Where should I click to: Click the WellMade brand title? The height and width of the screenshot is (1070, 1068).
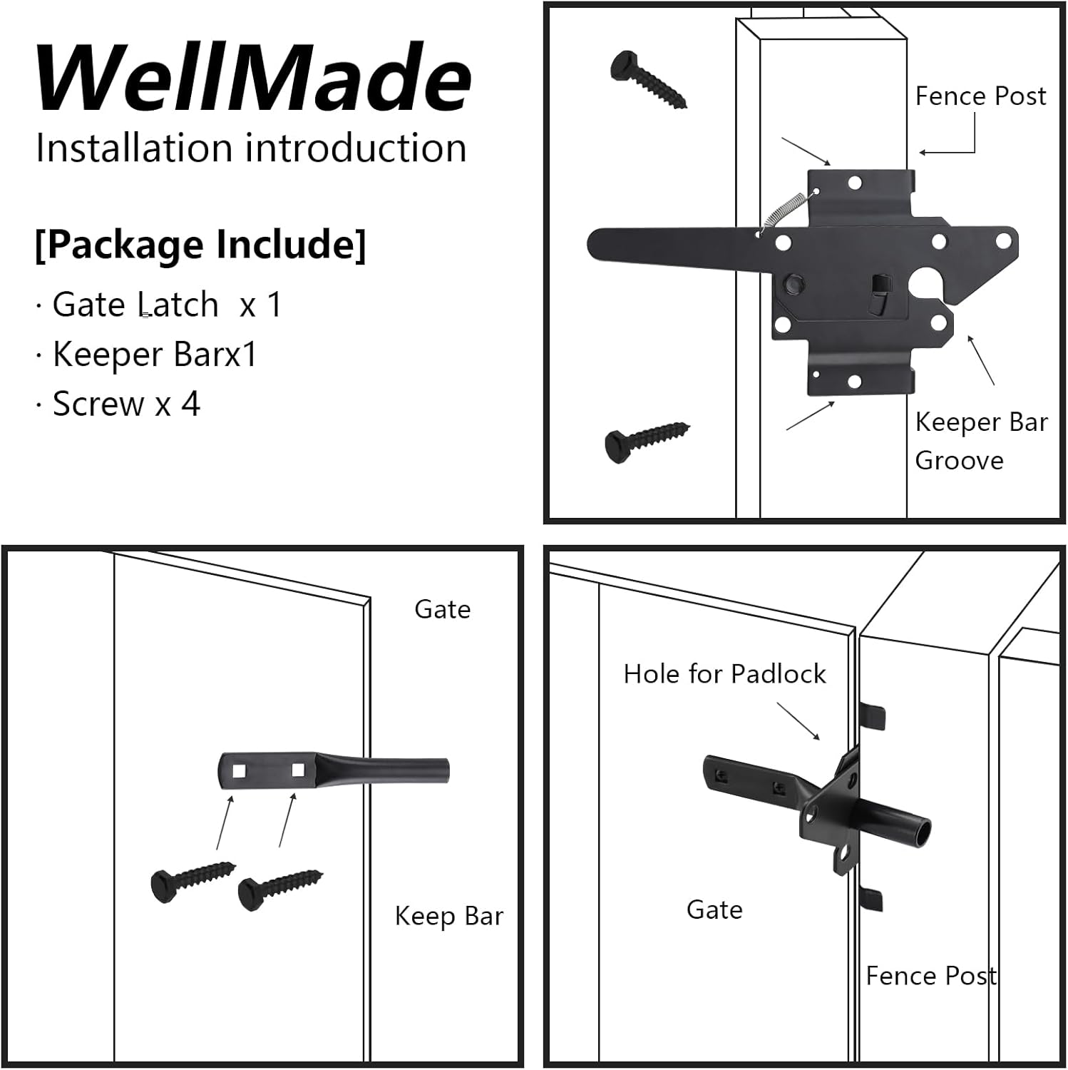[x=253, y=78]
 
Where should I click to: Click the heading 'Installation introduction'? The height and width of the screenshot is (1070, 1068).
[x=251, y=148]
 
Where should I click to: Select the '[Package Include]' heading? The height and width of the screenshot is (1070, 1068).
[x=200, y=245]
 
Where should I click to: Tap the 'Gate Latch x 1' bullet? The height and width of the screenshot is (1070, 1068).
[x=168, y=305]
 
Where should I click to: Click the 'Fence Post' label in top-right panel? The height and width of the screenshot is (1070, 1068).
[x=980, y=96]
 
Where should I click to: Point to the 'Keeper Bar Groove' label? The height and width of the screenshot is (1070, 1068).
[x=980, y=441]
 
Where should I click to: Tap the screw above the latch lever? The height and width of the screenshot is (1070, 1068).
[x=647, y=78]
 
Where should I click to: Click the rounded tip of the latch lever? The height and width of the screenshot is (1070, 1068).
[x=599, y=245]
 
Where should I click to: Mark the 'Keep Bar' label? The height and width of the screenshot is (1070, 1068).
[x=448, y=916]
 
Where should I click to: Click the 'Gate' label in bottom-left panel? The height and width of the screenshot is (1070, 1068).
[x=442, y=610]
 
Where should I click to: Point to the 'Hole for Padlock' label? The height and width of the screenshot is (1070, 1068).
[x=724, y=674]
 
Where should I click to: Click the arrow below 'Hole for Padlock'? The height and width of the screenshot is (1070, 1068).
[x=799, y=721]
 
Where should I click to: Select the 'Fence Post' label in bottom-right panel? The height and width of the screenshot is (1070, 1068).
[x=930, y=975]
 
